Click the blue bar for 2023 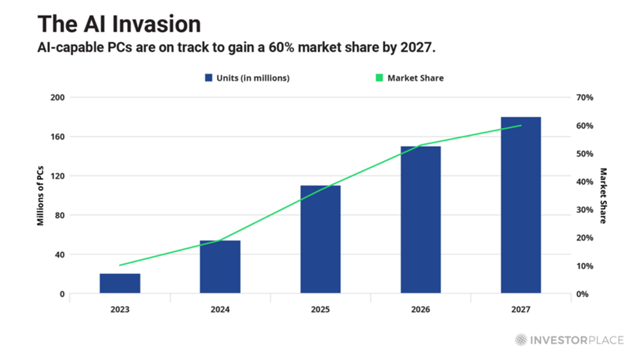pos(120,283)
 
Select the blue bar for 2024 pos(220,267)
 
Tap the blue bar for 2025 pos(320,239)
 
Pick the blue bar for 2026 pos(421,220)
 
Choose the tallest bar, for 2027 pos(521,205)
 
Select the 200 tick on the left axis pos(57,97)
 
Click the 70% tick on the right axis pos(584,97)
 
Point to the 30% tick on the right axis pos(584,210)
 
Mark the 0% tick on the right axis pos(582,294)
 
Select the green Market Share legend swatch pos(379,78)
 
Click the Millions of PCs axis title pos(40,195)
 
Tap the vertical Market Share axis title pos(603,195)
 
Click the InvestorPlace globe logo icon pos(521,340)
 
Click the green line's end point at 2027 pos(521,125)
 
